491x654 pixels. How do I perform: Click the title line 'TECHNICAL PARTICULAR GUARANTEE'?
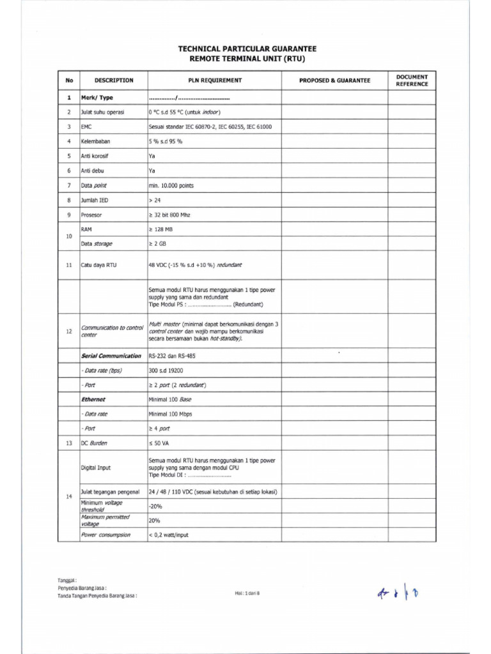pyautogui.click(x=247, y=49)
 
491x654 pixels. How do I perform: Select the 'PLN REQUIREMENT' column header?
pyautogui.click(x=214, y=80)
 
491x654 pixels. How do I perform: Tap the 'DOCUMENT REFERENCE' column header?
pyautogui.click(x=412, y=80)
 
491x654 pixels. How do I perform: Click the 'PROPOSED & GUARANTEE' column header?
pyautogui.click(x=334, y=80)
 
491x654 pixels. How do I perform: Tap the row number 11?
pyautogui.click(x=68, y=264)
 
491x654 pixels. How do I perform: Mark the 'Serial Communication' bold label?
pyautogui.click(x=111, y=355)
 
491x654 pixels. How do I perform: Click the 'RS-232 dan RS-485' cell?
pyautogui.click(x=173, y=355)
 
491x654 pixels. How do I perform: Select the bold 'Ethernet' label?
pyautogui.click(x=93, y=399)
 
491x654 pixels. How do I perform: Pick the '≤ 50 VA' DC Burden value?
pyautogui.click(x=159, y=443)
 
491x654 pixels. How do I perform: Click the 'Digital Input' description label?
pyautogui.click(x=95, y=468)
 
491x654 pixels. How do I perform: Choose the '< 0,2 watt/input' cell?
pyautogui.click(x=169, y=535)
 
